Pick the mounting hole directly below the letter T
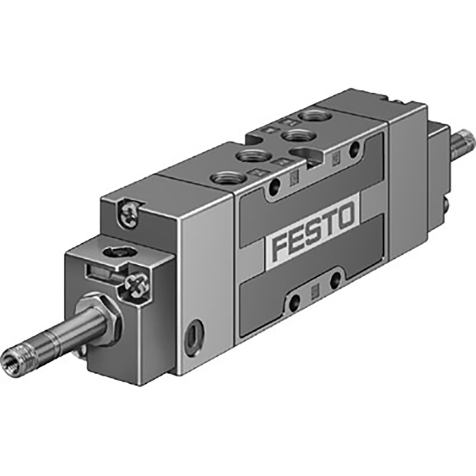tap(336, 278)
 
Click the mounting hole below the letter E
tap(293, 304)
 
